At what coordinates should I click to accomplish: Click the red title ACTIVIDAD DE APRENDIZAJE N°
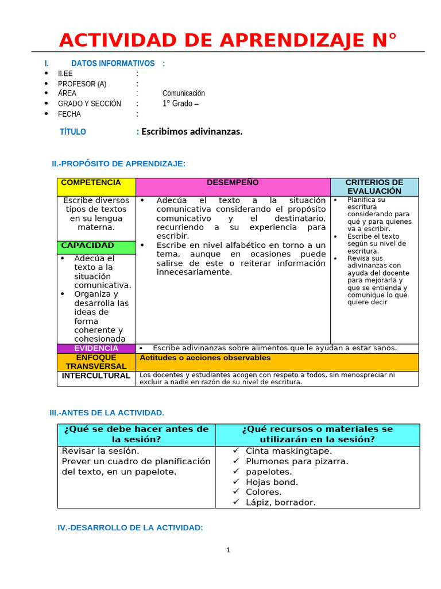point(227,40)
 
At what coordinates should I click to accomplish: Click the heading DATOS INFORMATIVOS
point(113,63)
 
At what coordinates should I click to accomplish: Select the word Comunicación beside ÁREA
point(183,93)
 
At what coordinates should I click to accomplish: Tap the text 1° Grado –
point(180,104)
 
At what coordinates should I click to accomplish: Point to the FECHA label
point(69,114)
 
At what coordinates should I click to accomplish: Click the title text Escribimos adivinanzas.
point(192,132)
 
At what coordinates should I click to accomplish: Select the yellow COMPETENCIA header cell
point(96,186)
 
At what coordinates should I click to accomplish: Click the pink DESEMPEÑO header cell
point(233,186)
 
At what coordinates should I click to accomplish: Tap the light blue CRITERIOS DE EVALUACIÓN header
point(374,186)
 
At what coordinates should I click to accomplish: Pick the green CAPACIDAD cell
point(96,246)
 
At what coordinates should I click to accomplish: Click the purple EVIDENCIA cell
point(96,348)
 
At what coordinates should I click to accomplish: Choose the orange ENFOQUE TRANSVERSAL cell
point(96,362)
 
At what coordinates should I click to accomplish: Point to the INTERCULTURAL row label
point(96,376)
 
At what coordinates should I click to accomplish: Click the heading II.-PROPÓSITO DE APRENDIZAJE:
point(118,164)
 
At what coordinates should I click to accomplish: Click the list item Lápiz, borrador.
point(280,502)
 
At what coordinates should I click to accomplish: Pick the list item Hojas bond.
point(272,482)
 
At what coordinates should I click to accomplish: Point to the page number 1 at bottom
point(228,550)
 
